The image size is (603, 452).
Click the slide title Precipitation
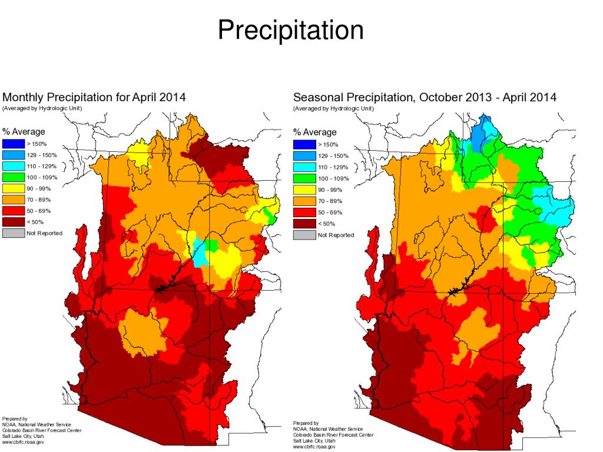[x=290, y=30]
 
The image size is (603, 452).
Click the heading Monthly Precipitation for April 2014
[x=94, y=97]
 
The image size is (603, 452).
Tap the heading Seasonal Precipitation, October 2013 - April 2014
[x=425, y=97]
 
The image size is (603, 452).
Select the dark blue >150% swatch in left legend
[x=12, y=144]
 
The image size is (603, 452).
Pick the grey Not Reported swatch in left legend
[x=12, y=234]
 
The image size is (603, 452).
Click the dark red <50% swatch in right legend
[x=304, y=224]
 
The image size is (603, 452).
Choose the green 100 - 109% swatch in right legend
[x=304, y=178]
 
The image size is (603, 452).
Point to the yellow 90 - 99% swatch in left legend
[x=12, y=188]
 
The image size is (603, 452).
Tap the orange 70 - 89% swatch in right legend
[x=304, y=201]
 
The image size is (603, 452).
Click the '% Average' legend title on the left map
[x=24, y=132]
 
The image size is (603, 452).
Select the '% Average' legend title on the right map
[x=315, y=132]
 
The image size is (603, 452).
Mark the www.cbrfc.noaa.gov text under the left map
[x=23, y=442]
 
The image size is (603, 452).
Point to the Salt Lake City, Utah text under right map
[x=315, y=441]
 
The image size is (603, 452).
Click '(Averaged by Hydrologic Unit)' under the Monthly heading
[x=42, y=108]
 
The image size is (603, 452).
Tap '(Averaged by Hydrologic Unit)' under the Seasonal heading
[x=333, y=108]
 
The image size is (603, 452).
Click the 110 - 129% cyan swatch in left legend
[x=12, y=166]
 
